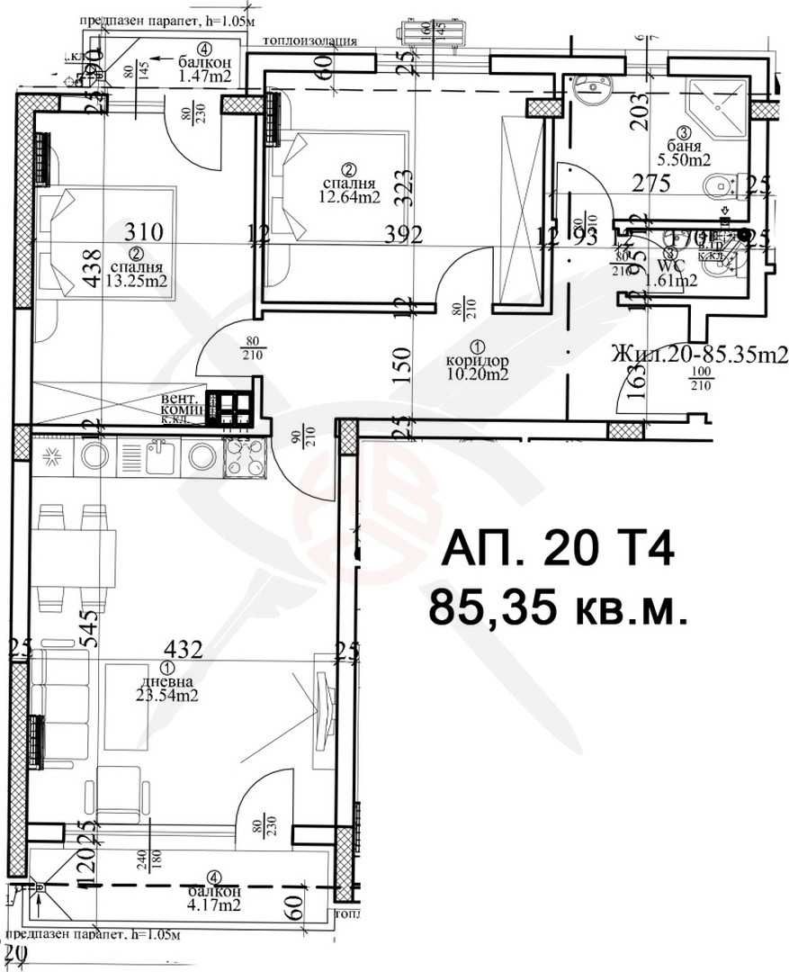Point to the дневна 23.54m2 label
click(x=167, y=694)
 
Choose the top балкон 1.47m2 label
click(x=204, y=76)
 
